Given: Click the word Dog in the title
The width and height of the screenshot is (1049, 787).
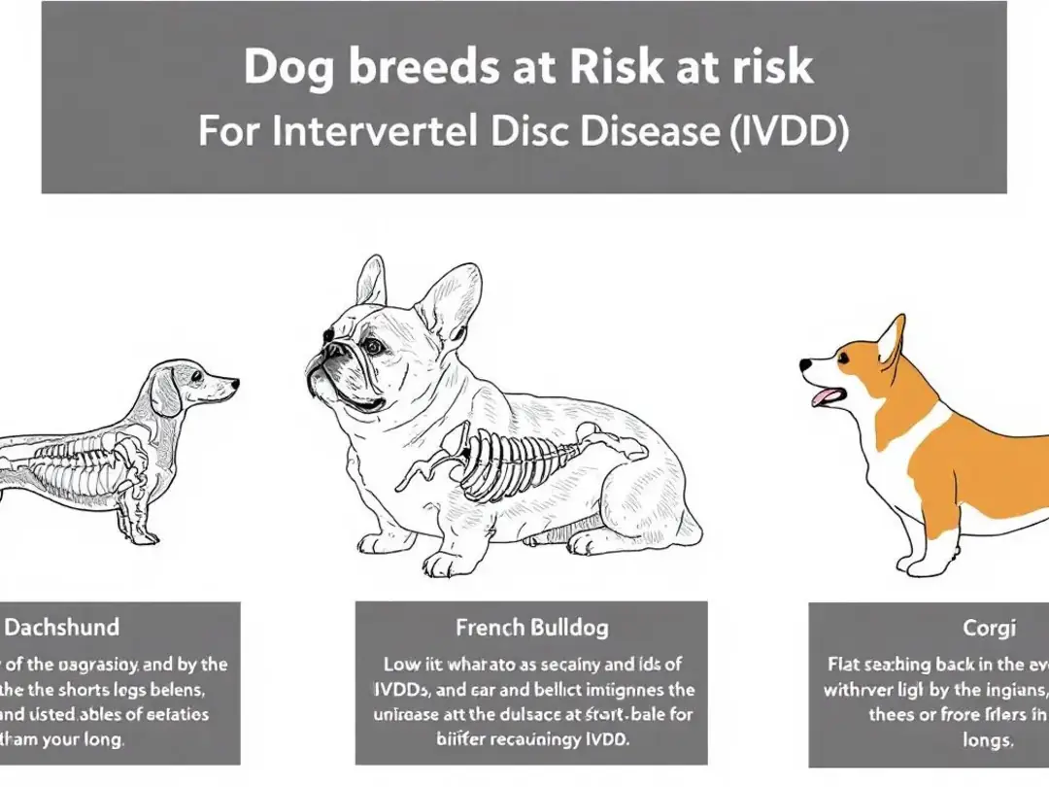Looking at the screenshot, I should (288, 68).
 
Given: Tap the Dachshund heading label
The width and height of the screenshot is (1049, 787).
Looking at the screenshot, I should (63, 627).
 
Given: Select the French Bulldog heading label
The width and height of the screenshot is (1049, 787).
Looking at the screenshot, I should (531, 627).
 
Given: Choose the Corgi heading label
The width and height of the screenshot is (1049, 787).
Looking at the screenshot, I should (990, 628).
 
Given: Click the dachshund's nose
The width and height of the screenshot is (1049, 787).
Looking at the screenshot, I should (234, 384).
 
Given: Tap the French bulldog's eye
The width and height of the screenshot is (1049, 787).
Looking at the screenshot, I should (372, 346).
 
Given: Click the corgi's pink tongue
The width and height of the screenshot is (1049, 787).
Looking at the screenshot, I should (825, 394).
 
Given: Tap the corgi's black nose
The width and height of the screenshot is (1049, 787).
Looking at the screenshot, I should (805, 366).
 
